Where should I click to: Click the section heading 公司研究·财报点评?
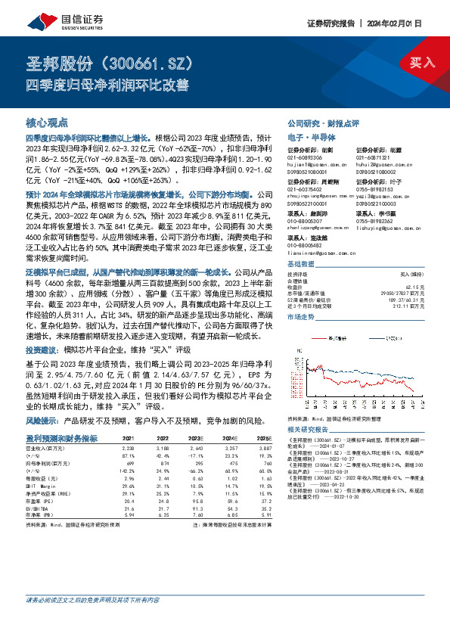pyautogui.click(x=323, y=123)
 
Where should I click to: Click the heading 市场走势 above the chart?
pyautogui.click(x=301, y=318)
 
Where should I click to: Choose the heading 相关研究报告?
pyautogui.click(x=306, y=428)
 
